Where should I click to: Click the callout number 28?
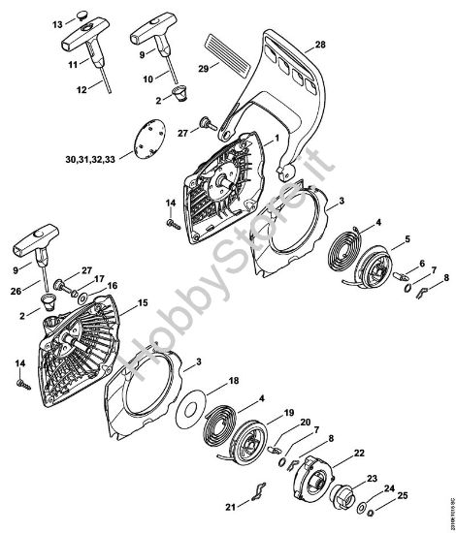point(321,45)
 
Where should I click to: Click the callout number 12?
point(82,89)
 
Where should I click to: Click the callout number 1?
point(277,140)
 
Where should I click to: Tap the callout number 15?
point(142,303)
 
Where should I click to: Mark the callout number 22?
point(359,453)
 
